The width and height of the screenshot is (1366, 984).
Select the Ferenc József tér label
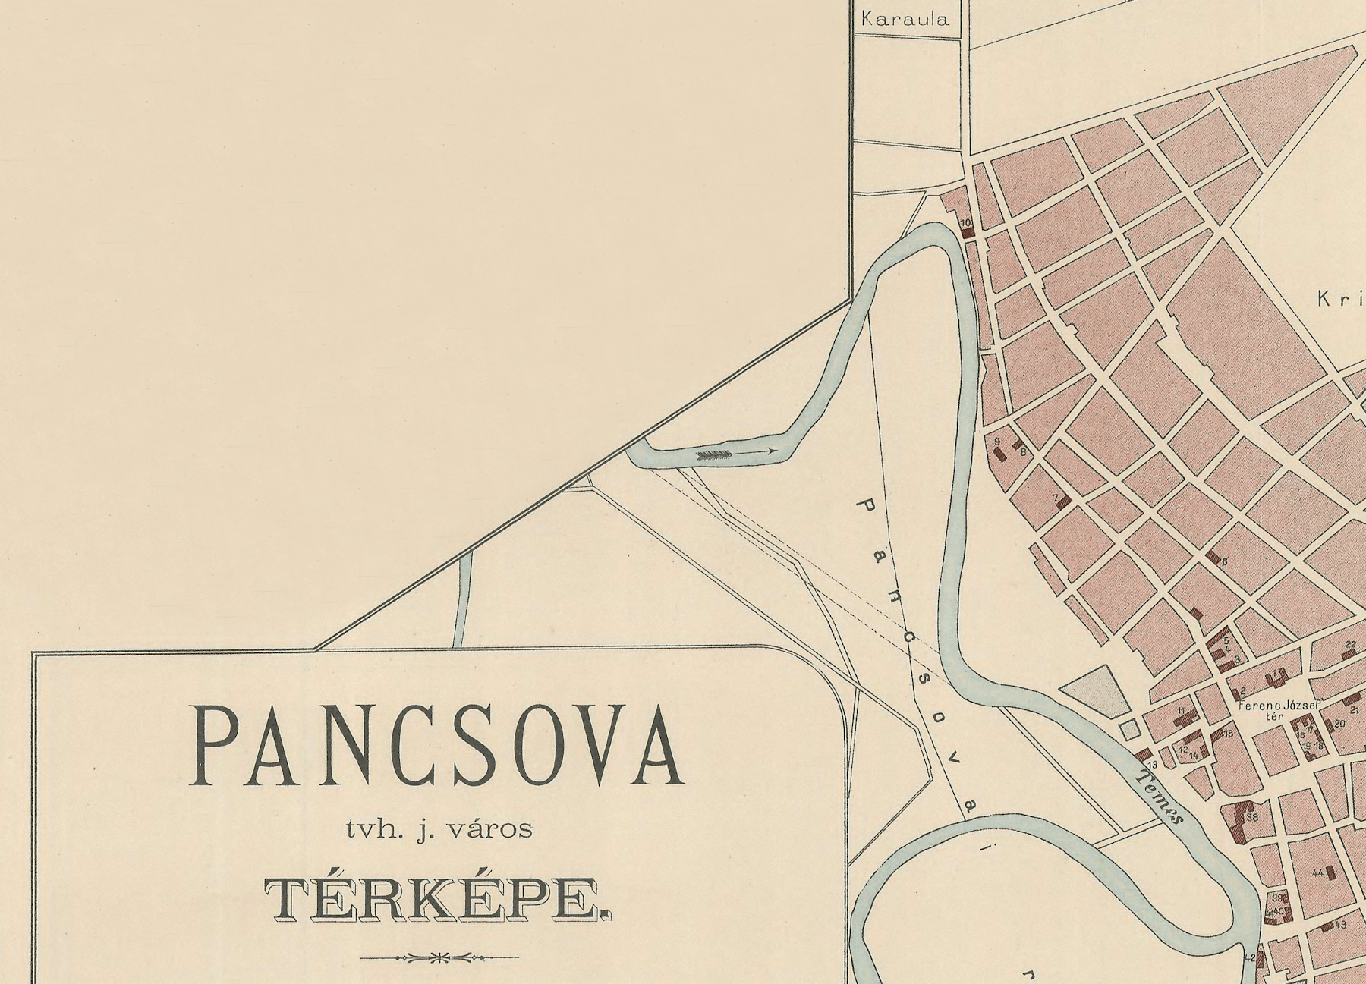click(1278, 709)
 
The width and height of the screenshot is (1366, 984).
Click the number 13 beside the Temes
click(1151, 764)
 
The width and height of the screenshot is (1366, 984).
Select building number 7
click(1062, 501)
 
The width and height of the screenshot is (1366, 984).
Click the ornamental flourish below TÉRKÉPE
click(438, 957)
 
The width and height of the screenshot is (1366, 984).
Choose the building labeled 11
click(1185, 715)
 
